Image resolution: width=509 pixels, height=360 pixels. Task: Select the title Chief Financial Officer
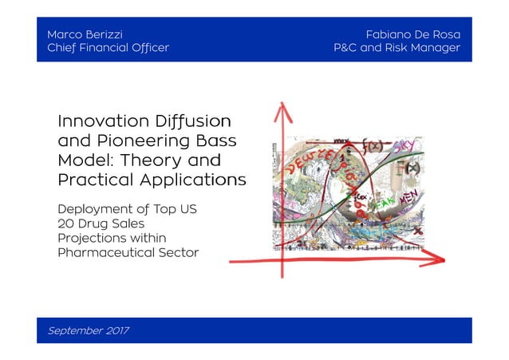tap(108, 48)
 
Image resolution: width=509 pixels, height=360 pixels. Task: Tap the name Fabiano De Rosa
tap(412, 35)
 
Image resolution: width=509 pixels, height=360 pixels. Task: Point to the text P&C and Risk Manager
tap(397, 48)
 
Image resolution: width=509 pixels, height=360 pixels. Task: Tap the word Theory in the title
tap(149, 160)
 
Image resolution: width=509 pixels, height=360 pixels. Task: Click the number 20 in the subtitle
tap(66, 224)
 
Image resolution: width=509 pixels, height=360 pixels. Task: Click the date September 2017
tap(89, 330)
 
